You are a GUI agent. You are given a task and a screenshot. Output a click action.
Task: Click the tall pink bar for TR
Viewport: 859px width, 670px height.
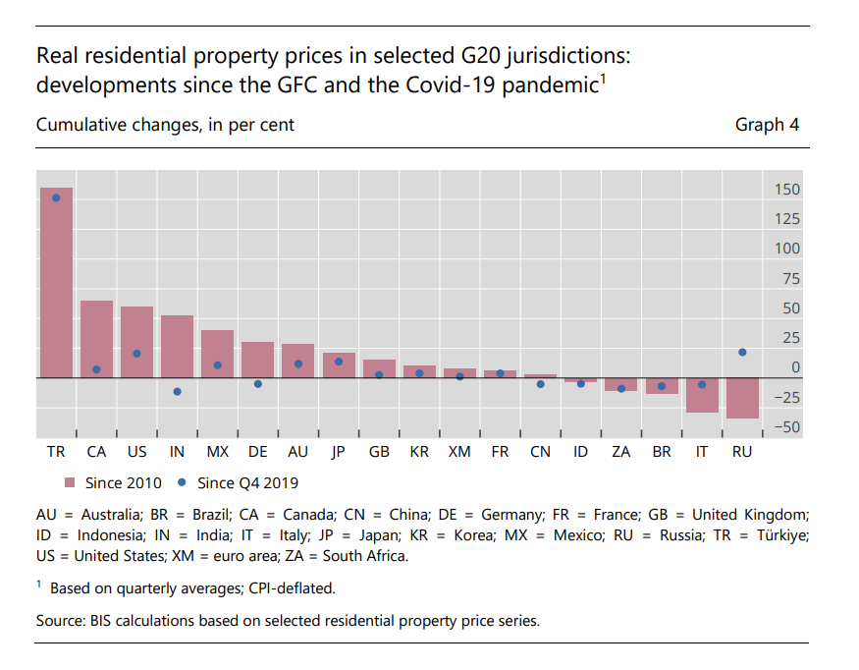[56, 285]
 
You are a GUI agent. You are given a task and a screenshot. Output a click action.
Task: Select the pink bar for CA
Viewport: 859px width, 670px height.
[96, 339]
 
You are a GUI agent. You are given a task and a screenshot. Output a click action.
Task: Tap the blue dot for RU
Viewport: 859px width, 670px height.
[742, 352]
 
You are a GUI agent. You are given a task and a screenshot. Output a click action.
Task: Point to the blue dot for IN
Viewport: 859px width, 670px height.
[177, 391]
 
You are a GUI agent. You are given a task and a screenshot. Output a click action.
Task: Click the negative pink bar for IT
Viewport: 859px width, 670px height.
[701, 395]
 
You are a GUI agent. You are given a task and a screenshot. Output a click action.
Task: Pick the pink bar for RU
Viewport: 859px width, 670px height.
[742, 398]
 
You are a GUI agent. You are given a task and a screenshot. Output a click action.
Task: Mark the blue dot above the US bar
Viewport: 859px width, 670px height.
[136, 354]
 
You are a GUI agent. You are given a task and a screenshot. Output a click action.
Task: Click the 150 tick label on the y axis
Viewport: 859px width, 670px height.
[786, 190]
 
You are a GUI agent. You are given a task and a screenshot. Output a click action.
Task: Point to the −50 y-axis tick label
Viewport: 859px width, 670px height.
[784, 427]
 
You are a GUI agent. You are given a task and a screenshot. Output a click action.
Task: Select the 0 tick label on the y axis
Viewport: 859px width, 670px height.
[794, 367]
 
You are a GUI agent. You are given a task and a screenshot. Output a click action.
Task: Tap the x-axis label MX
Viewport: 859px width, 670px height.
[217, 452]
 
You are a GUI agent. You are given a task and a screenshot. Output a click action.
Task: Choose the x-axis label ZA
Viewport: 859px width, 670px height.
[620, 452]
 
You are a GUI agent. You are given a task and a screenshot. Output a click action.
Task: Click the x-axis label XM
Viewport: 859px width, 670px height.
[458, 452]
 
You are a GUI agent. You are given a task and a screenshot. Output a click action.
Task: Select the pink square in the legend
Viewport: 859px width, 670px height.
[70, 482]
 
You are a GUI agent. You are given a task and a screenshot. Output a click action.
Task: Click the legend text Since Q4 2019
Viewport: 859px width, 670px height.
[247, 482]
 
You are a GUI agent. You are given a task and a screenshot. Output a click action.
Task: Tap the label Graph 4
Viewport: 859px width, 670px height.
[767, 125]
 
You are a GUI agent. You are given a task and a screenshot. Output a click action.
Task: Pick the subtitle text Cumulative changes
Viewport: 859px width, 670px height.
[118, 125]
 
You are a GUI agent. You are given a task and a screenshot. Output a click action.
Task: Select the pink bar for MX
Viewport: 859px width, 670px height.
[217, 354]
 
